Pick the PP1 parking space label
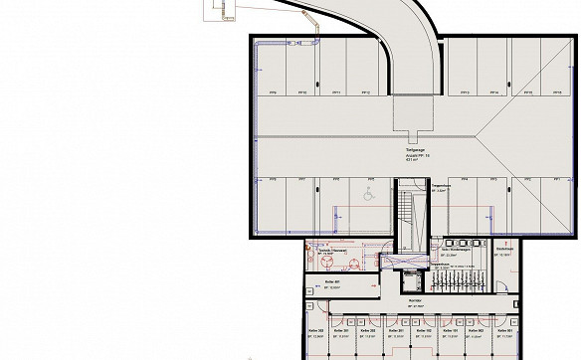click(556, 179)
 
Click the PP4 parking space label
click(465, 179)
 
